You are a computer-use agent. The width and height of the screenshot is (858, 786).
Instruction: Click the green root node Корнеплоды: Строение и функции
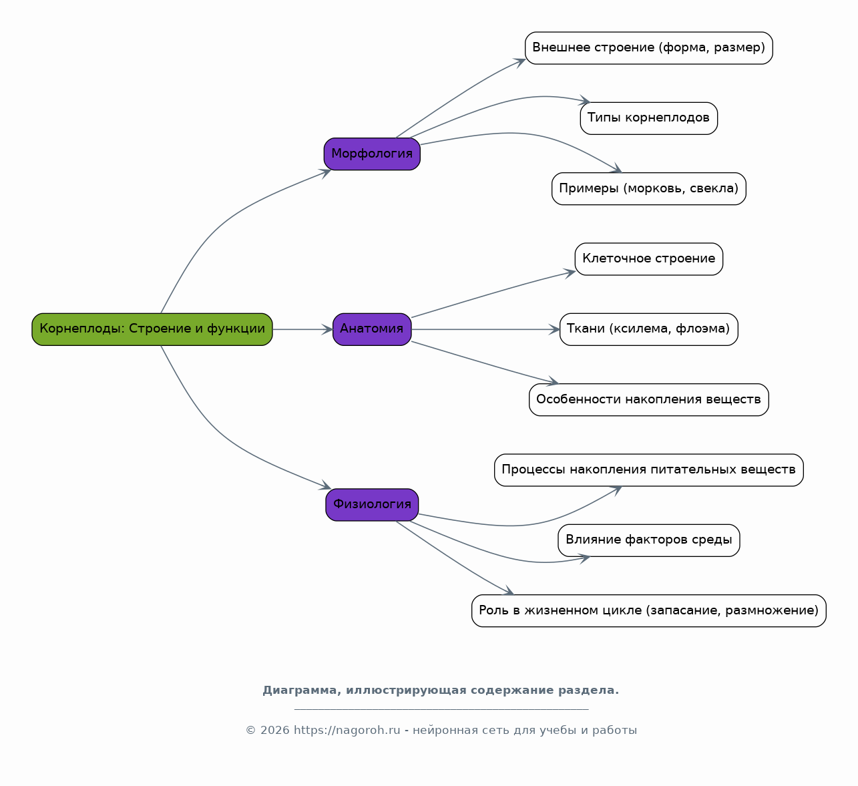point(152,329)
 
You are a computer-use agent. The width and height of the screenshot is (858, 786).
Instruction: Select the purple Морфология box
point(372,154)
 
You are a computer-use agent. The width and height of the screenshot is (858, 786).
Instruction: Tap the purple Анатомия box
point(372,329)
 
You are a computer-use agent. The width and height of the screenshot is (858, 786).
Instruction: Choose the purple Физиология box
point(372,505)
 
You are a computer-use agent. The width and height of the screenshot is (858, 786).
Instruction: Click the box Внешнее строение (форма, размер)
point(649,48)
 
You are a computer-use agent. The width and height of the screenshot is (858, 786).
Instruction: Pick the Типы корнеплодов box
point(649,118)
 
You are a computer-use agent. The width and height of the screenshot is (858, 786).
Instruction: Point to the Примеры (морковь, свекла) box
point(649,189)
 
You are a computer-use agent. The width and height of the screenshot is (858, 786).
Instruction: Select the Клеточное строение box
point(649,259)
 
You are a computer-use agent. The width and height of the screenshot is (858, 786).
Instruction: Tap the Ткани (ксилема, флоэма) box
point(649,329)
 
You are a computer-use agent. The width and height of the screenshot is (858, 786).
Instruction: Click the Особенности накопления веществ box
point(649,399)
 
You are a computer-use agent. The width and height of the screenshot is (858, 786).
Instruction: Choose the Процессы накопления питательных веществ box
point(649,470)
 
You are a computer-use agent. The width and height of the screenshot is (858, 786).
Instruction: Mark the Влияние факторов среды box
point(649,540)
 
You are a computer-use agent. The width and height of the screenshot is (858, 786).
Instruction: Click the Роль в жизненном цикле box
point(649,611)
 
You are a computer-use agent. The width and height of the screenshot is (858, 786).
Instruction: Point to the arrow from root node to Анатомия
point(303,329)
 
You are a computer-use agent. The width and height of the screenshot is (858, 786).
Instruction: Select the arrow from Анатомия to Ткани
point(485,329)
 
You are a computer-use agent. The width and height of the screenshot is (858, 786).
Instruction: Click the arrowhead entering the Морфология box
point(327,172)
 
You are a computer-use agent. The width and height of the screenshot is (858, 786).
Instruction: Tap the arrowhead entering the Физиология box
point(327,486)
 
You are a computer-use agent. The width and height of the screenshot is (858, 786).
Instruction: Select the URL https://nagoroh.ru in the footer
point(347,731)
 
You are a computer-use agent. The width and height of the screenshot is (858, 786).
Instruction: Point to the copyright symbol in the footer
point(250,731)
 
